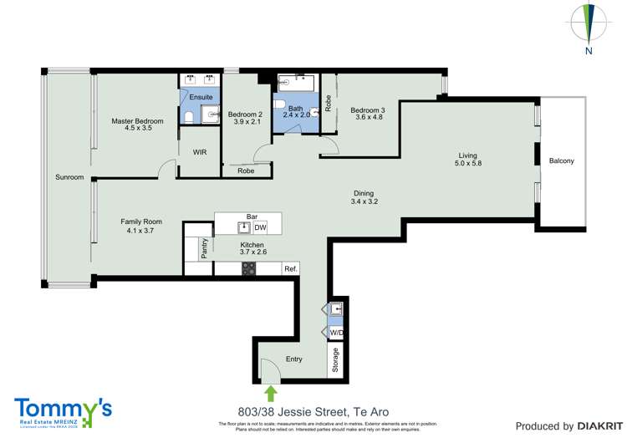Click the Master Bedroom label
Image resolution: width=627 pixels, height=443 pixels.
point(138,121)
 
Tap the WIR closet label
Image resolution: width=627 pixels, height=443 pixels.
point(200,152)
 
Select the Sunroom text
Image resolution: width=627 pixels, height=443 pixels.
point(69,177)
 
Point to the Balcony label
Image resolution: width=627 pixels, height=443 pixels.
point(562,161)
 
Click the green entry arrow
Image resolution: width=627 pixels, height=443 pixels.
point(270,392)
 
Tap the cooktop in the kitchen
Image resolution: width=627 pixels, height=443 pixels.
point(248,268)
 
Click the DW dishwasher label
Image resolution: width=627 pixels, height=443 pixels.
point(261,227)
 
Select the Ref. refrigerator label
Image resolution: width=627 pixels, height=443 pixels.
point(290,268)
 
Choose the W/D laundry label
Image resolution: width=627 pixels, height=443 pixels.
point(336,333)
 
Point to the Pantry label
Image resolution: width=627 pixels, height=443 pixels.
point(203,248)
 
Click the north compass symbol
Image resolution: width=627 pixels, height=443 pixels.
point(589,24)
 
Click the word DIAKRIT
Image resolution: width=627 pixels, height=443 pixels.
point(595,426)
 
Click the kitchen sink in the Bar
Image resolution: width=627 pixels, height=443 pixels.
point(244,227)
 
